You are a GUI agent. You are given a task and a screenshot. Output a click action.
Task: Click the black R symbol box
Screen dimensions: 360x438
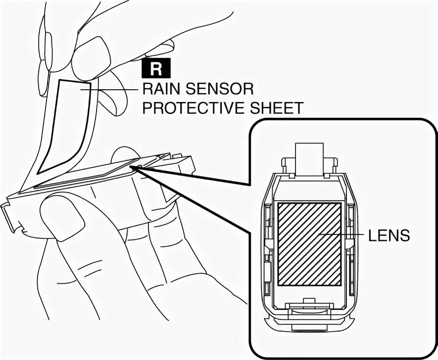[156, 69]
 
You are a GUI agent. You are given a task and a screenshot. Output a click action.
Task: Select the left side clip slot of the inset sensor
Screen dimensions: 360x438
[268, 245]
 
